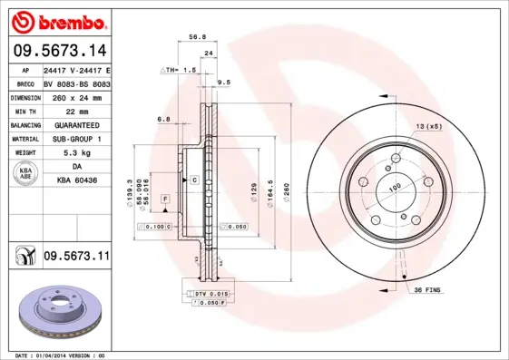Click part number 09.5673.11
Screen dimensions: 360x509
pos(76,257)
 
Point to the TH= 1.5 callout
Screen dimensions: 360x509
pos(179,70)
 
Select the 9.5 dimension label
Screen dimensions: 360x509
pos(224,83)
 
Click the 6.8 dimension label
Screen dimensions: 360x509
pos(163,119)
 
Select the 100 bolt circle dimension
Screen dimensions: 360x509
pos(395,188)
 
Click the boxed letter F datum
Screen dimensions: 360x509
pos(166,198)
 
